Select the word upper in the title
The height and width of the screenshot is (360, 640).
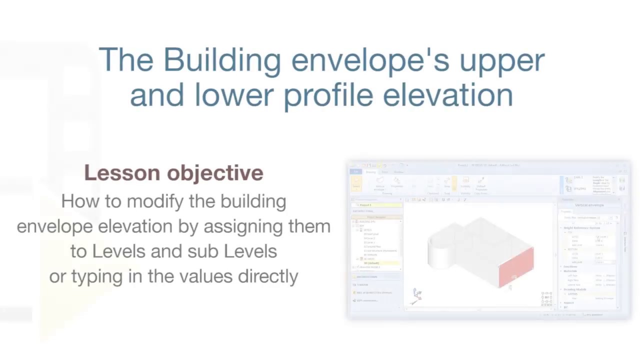click(502, 60)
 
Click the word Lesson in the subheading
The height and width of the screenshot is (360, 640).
click(122, 173)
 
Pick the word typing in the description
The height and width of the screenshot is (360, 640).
click(97, 276)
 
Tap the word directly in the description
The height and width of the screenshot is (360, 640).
click(268, 276)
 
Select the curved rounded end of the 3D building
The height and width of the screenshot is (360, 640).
click(440, 252)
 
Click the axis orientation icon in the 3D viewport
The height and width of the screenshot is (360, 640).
click(417, 295)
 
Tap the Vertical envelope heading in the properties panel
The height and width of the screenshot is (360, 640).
click(589, 205)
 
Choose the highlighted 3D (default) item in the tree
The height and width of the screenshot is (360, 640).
click(371, 263)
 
